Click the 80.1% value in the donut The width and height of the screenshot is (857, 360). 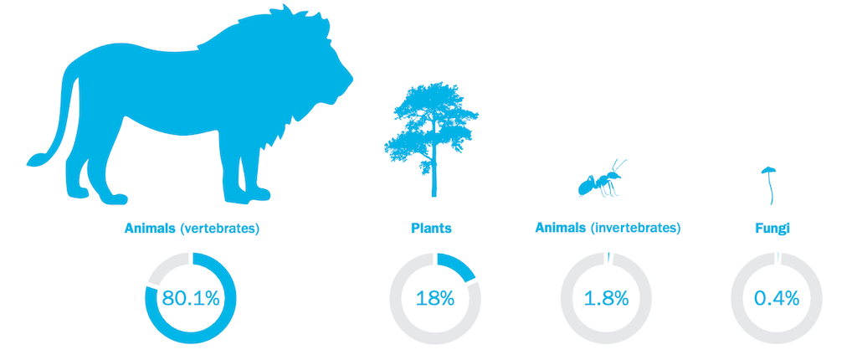191,298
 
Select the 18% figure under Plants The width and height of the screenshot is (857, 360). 435,298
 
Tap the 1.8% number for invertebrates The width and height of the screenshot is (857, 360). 606,298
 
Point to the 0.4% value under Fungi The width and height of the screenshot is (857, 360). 777,298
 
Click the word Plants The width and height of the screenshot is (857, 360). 431,229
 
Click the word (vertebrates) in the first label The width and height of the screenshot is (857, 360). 219,229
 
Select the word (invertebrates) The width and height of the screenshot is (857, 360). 636,229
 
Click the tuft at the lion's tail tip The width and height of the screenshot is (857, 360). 36,159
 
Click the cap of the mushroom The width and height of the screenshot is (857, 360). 769,170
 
